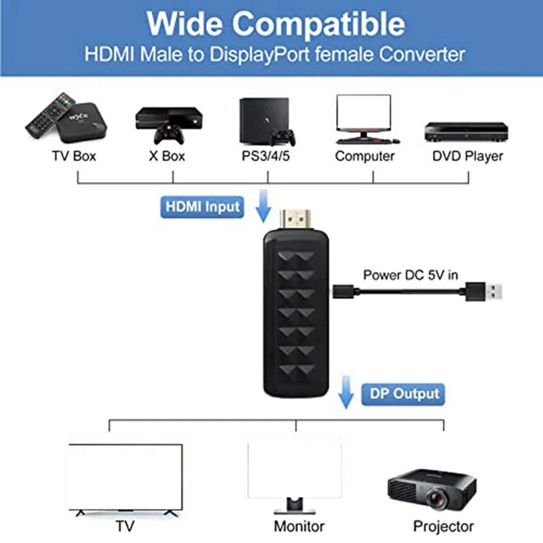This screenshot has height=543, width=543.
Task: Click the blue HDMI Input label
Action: click(202, 207)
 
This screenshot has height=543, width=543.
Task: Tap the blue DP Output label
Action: click(403, 394)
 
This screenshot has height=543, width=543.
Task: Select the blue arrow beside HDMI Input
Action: click(263, 206)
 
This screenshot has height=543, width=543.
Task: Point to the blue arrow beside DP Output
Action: click(345, 392)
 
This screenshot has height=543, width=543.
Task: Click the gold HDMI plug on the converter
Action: click(295, 219)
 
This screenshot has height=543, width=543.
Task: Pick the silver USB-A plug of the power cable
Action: click(494, 292)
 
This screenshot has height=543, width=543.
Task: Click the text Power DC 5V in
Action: click(411, 275)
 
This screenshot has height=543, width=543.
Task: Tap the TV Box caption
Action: click(74, 156)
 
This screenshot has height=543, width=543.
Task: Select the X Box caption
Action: click(167, 156)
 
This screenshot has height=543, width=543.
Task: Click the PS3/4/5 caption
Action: click(265, 156)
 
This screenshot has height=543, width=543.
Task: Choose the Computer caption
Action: click(364, 157)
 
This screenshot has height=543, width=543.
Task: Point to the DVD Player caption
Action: click(468, 157)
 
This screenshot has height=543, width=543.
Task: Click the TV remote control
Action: click(50, 115)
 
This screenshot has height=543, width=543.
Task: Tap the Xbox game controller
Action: click(169, 134)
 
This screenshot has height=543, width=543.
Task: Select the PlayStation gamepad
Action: click(282, 137)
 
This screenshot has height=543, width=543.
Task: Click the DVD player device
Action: click(466, 131)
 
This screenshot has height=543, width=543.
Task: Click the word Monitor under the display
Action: click(299, 527)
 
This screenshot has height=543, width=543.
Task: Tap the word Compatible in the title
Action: click(318, 24)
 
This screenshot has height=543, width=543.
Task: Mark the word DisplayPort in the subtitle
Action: click(260, 55)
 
